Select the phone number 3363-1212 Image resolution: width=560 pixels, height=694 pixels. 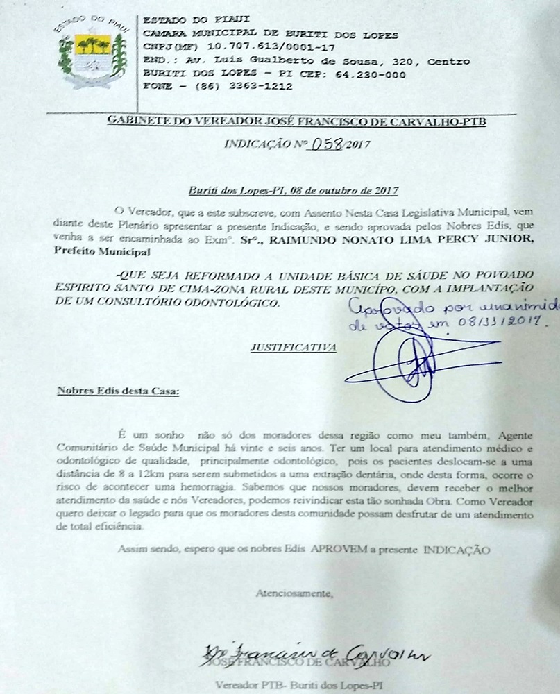263,87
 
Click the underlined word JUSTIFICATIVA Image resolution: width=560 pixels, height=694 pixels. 294,347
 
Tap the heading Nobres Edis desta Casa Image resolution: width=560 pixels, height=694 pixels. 117,391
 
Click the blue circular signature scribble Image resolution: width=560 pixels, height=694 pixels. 406,364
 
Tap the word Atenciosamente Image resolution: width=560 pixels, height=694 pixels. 295,593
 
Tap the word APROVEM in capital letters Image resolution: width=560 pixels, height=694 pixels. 337,550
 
